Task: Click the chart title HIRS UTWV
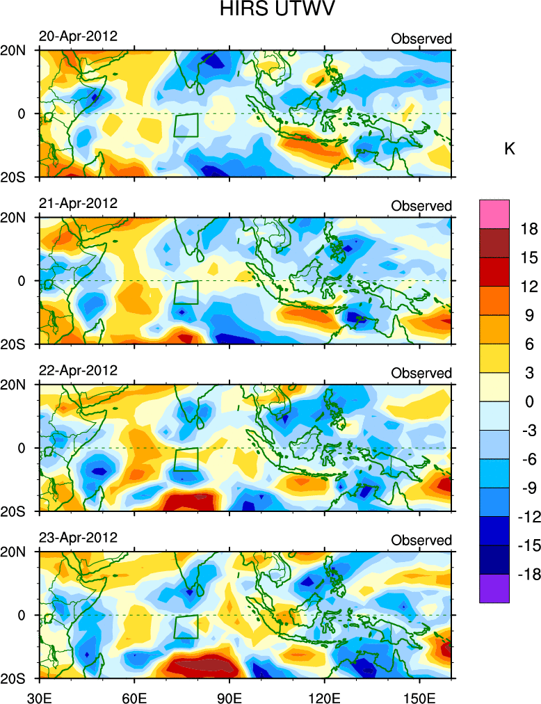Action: click(270, 11)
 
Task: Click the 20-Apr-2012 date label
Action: click(78, 36)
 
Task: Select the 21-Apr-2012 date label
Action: click(78, 203)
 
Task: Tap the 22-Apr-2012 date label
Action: click(78, 370)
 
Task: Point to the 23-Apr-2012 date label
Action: click(78, 537)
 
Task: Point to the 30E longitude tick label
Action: click(38, 695)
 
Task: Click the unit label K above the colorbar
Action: click(509, 149)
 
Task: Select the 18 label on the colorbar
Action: click(529, 229)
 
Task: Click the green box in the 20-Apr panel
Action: click(186, 125)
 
